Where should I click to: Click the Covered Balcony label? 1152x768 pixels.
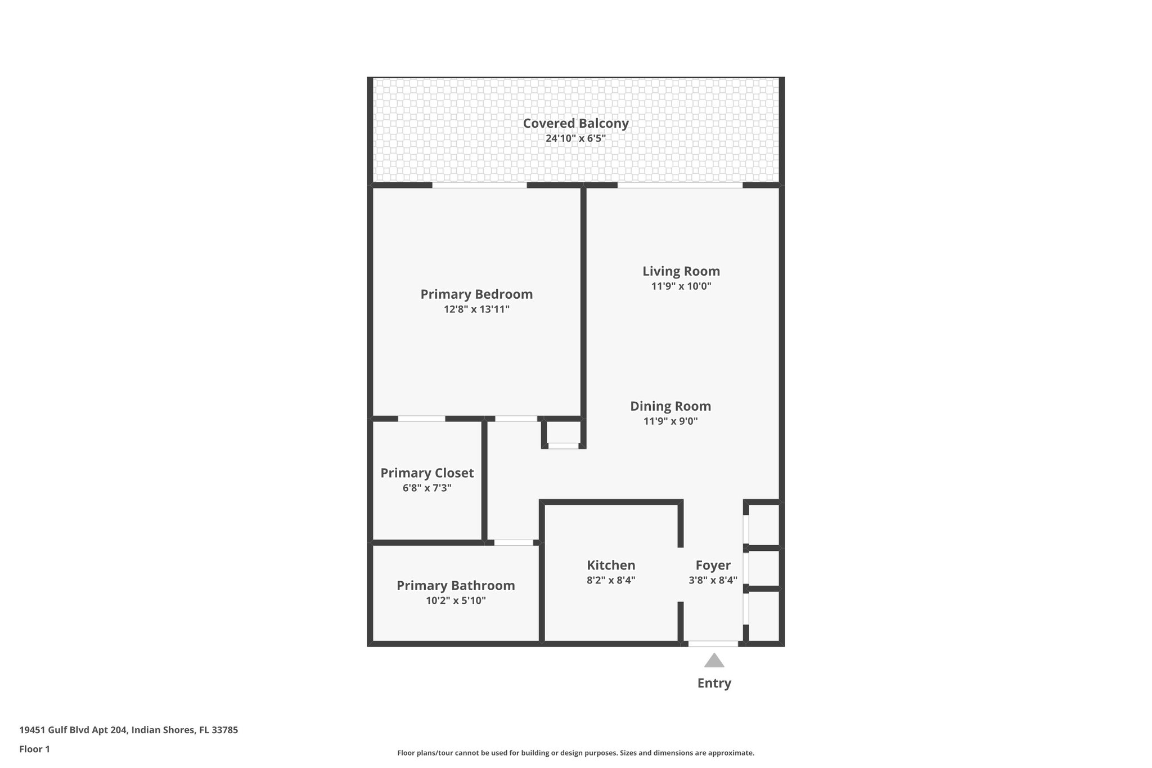pos(575,123)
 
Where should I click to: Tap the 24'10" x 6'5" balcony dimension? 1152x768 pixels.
pos(575,138)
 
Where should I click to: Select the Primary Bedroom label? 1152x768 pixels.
pos(476,294)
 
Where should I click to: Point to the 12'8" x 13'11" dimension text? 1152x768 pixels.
pos(476,309)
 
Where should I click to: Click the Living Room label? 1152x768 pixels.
pos(681,271)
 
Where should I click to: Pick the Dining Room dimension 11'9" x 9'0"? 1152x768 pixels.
pos(670,421)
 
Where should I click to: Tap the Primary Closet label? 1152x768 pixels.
pos(427,473)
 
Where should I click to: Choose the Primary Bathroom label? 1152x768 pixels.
pos(456,586)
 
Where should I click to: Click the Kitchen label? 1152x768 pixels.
pos(611,565)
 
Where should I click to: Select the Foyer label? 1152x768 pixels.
pos(713,565)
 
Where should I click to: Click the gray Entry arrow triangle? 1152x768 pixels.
pos(714,661)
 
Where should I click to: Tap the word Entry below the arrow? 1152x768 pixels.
pos(714,683)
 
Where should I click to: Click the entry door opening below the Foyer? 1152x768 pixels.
pos(713,644)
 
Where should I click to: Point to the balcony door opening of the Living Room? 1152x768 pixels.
pos(679,185)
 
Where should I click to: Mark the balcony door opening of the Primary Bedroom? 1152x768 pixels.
pos(479,185)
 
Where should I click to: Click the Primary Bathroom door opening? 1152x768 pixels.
pos(513,542)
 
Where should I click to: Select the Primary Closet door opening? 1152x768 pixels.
pos(421,419)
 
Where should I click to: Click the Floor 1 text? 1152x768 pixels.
pos(34,749)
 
